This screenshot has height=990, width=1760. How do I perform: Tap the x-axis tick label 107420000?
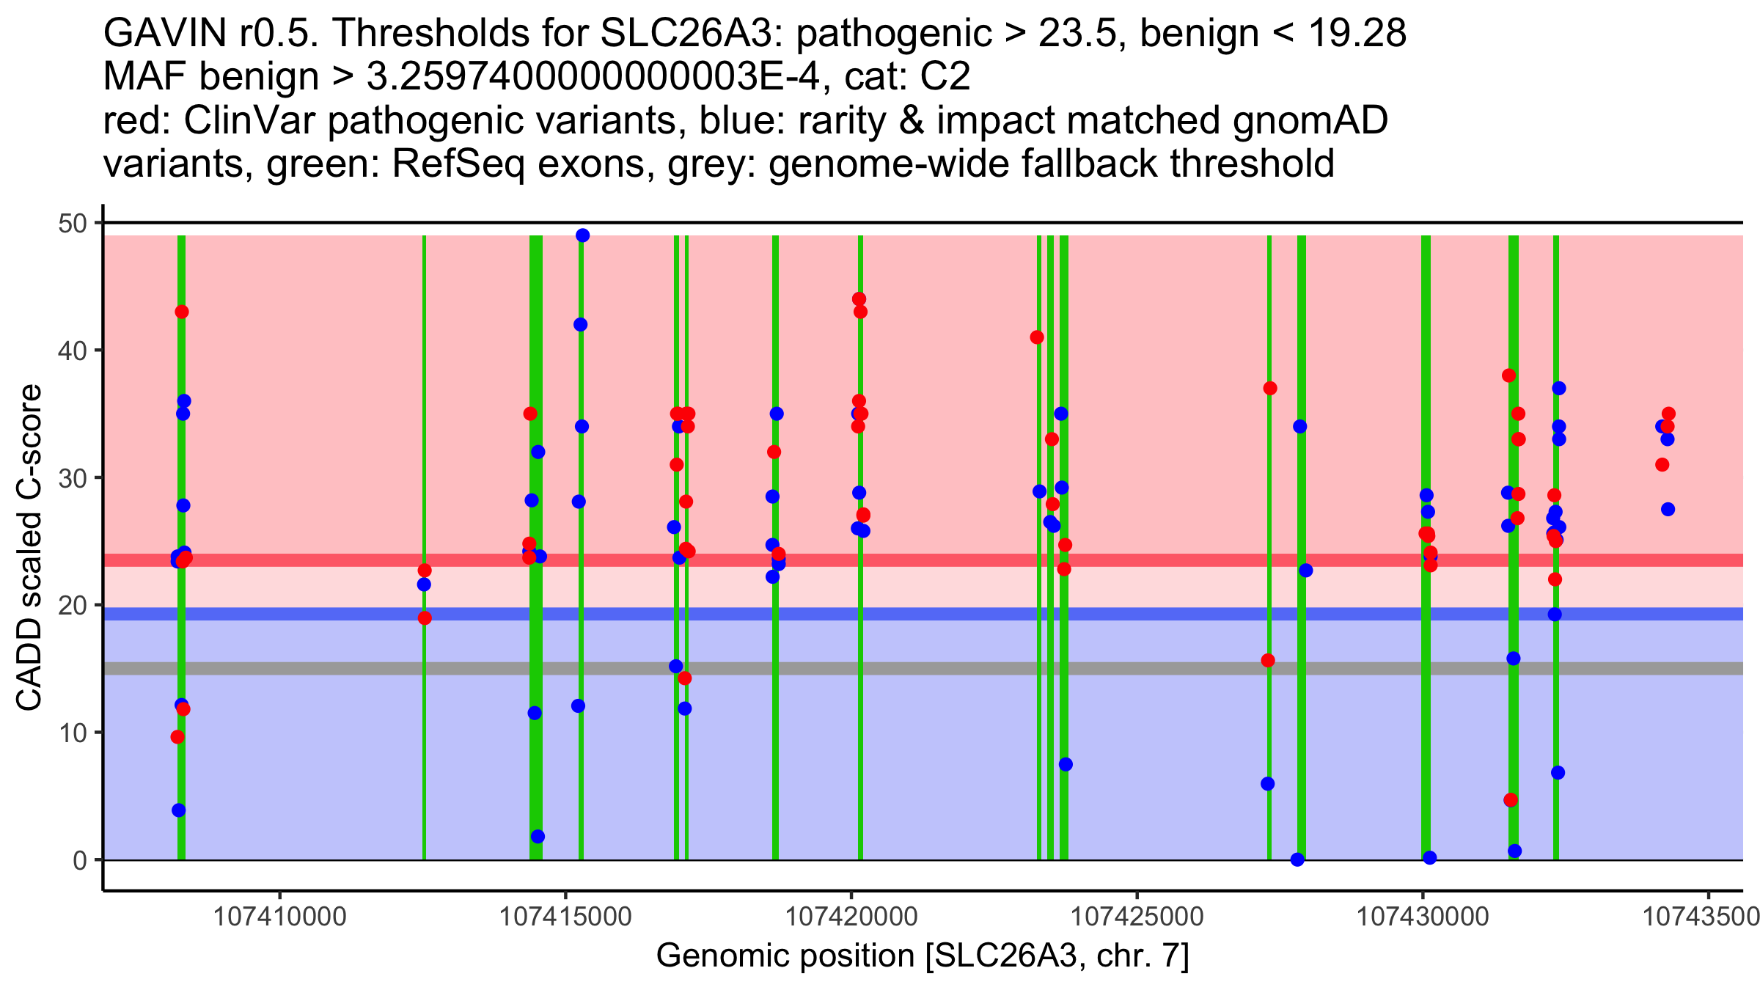(x=851, y=916)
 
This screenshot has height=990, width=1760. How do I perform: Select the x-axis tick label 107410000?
(x=279, y=916)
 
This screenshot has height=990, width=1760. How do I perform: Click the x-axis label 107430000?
(x=1423, y=916)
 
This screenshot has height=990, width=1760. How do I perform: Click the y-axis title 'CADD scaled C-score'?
(x=29, y=548)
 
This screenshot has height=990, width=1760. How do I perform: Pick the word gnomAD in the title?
(x=1310, y=120)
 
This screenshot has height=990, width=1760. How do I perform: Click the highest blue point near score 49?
(x=583, y=235)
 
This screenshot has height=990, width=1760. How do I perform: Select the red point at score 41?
(x=1037, y=337)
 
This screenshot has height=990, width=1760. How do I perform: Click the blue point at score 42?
(x=580, y=325)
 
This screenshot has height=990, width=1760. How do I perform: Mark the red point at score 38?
(x=1509, y=375)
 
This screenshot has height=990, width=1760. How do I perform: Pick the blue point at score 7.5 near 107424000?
(x=1066, y=764)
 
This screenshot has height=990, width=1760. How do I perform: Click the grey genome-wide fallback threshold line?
(x=880, y=668)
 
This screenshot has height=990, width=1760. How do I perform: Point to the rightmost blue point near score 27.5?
(x=1668, y=509)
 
